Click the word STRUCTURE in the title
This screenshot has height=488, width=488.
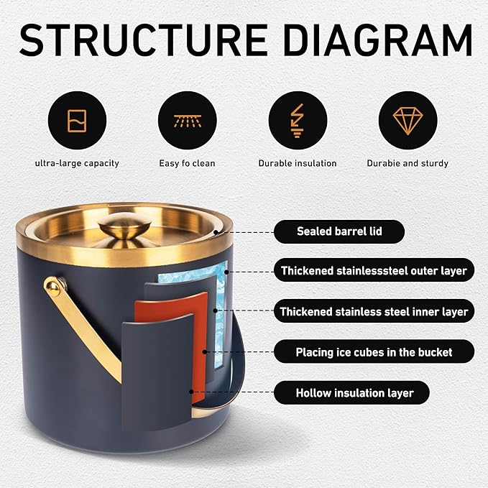coord(144,40)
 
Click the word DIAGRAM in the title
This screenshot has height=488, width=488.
coord(378,40)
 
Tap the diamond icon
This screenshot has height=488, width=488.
coord(408,121)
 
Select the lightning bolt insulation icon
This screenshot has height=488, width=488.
coord(298,121)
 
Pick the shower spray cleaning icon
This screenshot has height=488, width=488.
coord(188,121)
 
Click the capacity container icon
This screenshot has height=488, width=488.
coord(77,121)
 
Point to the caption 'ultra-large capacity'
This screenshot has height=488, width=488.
coord(77,163)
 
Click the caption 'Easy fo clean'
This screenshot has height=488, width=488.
coord(187,163)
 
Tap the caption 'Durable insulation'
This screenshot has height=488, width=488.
coord(298,163)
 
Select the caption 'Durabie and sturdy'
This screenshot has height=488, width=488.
coord(408,163)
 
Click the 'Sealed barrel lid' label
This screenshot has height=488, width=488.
coord(339,231)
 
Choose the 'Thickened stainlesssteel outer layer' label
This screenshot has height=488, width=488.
coord(374,270)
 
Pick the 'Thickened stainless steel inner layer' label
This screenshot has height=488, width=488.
coord(374,311)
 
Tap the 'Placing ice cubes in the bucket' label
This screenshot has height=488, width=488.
coord(374,352)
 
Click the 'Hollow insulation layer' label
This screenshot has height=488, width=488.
coord(351,392)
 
